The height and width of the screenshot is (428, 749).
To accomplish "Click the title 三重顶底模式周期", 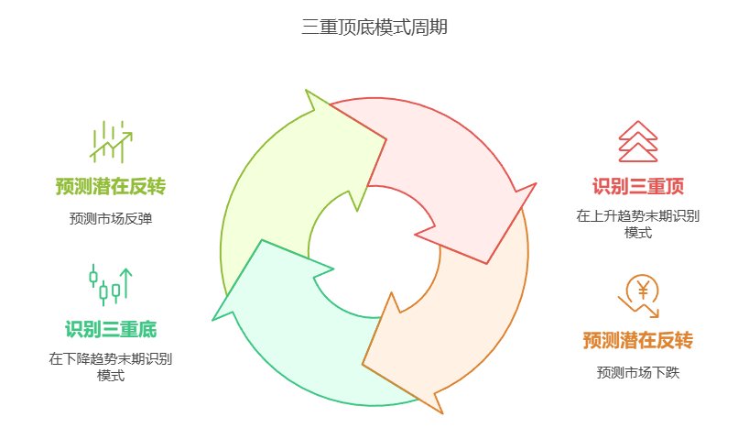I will pos(374,28).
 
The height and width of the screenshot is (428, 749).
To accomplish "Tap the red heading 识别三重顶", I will pos(638,187).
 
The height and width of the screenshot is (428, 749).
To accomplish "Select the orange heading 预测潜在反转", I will pos(638,340).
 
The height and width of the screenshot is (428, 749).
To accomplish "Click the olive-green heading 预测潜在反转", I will pos(110,187).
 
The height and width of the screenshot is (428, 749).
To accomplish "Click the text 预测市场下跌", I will pos(638,372).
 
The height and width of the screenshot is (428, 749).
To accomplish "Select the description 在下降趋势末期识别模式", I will pos(110,367).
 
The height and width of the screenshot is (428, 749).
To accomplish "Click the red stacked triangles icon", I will pos(638,141).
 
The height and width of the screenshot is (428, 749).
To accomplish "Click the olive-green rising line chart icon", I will pos(110,141).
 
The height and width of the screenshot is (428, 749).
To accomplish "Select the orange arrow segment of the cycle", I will pos(458,321).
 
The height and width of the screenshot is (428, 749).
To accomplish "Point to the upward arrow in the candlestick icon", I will pos(126,282).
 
